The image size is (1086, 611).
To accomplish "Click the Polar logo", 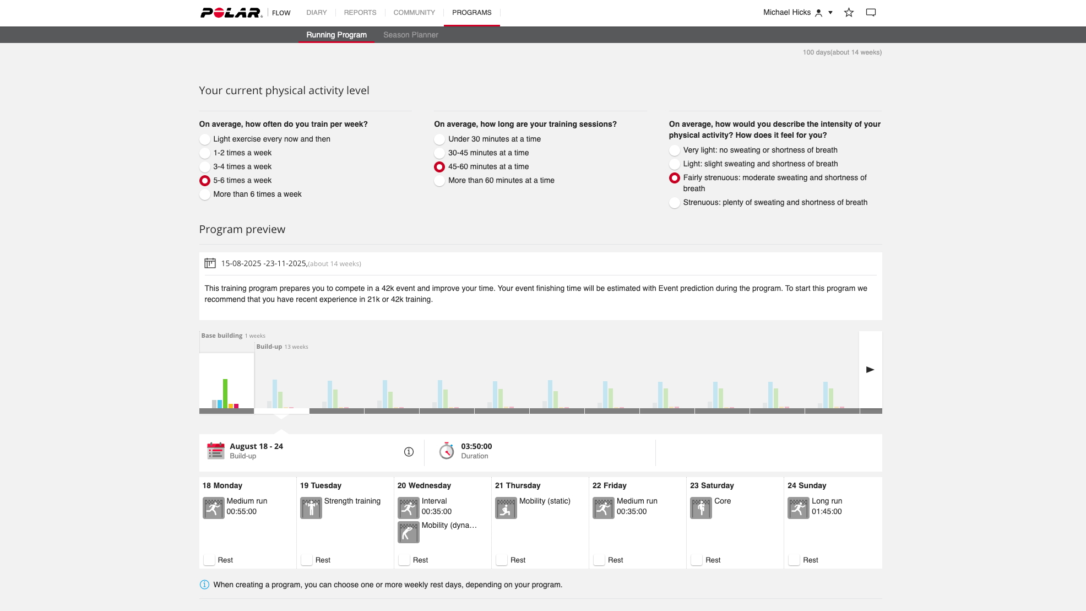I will [231, 12].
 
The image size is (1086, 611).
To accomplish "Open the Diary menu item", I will [316, 12].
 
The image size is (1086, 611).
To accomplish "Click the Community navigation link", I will [414, 12].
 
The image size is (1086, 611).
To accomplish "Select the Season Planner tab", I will [410, 35].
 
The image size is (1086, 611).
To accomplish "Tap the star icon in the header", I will [849, 12].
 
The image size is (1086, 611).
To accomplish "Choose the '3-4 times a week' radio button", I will [205, 167].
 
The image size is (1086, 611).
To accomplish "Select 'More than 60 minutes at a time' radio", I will [439, 181].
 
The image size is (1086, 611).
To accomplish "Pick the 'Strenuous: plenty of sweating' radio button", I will [675, 203].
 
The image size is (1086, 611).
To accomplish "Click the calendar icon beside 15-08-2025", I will [210, 263].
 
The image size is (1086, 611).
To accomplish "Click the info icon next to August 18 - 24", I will [409, 452].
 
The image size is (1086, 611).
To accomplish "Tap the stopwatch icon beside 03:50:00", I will [447, 451].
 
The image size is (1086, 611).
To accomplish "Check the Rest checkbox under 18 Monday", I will [209, 560].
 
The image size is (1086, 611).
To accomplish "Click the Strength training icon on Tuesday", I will [311, 507].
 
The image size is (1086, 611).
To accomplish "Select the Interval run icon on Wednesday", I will [409, 507].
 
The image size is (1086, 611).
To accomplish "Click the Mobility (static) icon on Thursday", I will [506, 507].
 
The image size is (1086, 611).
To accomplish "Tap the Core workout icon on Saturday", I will [701, 507].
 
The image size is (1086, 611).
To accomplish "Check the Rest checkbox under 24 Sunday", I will [794, 560].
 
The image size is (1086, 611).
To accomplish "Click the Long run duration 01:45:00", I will [827, 512].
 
